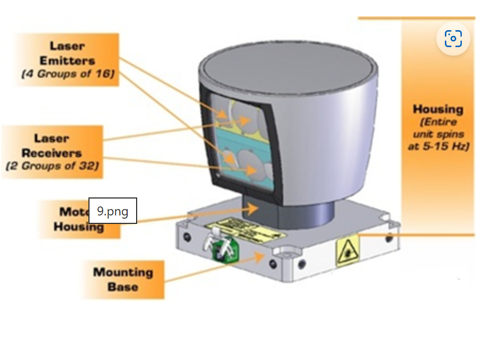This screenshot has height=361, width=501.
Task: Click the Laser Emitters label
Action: (x=67, y=53)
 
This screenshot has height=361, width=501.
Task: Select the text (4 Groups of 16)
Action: (x=68, y=74)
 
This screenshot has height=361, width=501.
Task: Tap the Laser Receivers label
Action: (x=52, y=146)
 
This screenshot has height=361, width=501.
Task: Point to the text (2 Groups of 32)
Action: (x=52, y=166)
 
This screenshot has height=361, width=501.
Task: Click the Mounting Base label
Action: (x=123, y=279)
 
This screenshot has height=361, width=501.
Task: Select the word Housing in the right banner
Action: (x=438, y=110)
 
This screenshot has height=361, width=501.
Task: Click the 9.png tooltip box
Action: (x=113, y=211)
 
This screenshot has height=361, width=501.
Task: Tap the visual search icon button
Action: (x=453, y=39)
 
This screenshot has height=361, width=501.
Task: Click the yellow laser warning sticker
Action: (x=347, y=250)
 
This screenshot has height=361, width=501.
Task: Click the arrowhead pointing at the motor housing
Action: (x=254, y=208)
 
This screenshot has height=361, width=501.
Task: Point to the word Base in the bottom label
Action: (x=123, y=287)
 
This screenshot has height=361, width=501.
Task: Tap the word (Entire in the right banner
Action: (x=438, y=122)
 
